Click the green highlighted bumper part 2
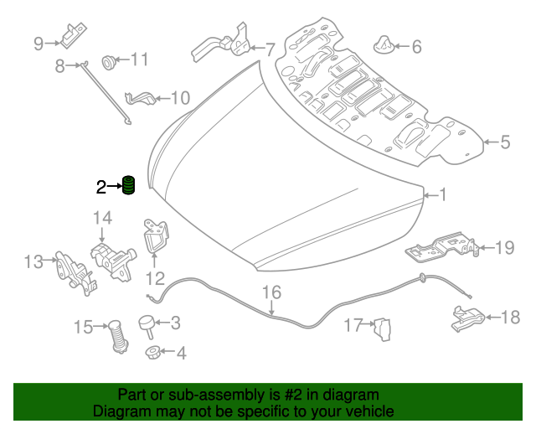coord(128,185)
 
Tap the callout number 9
coord(39,44)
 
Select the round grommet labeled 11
coord(109,62)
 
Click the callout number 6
coord(416,47)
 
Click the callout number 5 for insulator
coord(505,142)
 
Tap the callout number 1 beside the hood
coord(442,194)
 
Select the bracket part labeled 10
coord(141,99)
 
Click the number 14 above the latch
coord(102,218)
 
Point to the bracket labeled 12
coord(156,236)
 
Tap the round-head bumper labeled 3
coord(147,326)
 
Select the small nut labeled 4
coord(152,352)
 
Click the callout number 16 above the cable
coord(271,292)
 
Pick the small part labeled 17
coord(383,329)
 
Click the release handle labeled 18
coord(468,319)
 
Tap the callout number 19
coord(504,248)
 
